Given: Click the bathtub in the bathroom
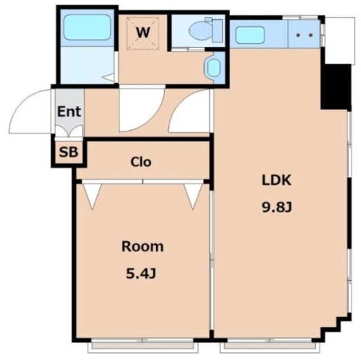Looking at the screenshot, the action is tap(87, 27).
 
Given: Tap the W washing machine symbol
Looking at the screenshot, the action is tap(143, 33).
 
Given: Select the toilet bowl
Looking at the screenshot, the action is tap(200, 30).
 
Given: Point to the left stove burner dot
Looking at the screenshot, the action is tap(298, 35).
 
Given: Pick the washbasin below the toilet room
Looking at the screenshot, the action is tap(214, 67).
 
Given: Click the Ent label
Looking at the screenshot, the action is tap(69, 112).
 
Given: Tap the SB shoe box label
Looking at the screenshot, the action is tap(68, 152).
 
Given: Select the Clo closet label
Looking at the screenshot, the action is tap(140, 162).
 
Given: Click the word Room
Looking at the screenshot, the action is tap(143, 246).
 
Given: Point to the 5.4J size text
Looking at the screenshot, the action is tap(141, 274).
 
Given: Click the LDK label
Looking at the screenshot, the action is tap(276, 180).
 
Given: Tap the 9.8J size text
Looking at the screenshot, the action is tap(277, 207).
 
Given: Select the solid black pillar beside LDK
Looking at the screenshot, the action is tap(336, 86).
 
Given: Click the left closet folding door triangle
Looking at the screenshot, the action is tap(93, 196).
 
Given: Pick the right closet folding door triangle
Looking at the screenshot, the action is tap(193, 196).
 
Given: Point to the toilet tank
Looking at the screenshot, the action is tap(217, 30).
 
